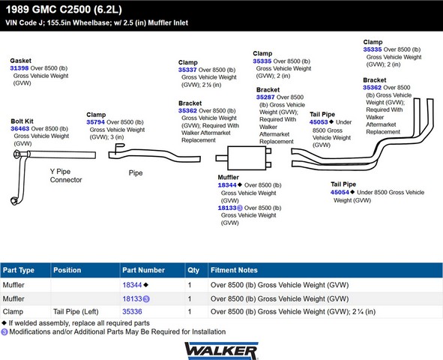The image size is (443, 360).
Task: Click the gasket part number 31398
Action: coord(19,68)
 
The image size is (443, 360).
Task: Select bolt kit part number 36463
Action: coord(19,128)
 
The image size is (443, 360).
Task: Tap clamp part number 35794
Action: coord(95,122)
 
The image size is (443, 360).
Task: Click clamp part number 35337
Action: coord(187,70)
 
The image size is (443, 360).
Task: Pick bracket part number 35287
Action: coord(265,97)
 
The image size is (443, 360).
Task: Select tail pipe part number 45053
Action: coord(319,122)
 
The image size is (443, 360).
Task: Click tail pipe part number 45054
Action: coord(340,193)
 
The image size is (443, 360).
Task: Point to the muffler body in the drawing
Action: coord(247,158)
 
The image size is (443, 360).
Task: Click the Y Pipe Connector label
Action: coord(66,175)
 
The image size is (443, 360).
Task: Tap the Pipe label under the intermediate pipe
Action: coord(136,173)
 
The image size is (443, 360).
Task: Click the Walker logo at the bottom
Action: coord(221,351)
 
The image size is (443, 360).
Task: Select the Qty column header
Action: coord(193,270)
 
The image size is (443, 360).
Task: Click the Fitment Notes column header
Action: coord(234,270)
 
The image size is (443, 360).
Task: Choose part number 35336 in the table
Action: coord(132,312)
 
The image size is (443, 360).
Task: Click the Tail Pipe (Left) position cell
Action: coord(76,312)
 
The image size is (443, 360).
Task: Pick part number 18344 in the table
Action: coord(132,285)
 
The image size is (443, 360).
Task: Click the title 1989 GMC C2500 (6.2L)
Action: coord(64,10)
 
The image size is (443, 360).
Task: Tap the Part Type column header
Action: coord(18,270)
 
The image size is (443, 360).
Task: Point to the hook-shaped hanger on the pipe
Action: coord(119,147)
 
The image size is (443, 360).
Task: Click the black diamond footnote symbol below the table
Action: coord(4,322)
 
